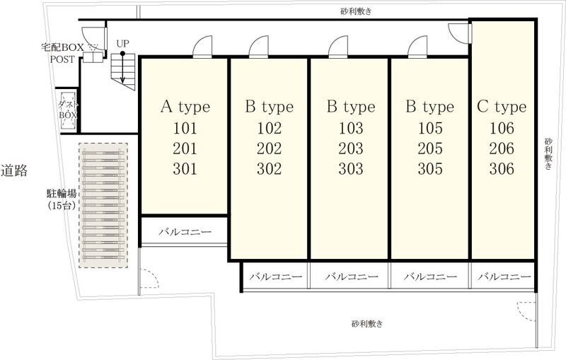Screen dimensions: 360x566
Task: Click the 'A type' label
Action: (185, 107)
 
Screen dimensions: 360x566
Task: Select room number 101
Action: (185, 129)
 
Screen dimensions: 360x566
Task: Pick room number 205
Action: (429, 149)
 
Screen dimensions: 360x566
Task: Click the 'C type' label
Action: (501, 107)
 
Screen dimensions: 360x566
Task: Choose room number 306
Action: (501, 169)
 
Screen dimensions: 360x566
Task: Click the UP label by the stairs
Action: (123, 44)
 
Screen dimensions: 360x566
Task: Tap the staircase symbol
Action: (123, 71)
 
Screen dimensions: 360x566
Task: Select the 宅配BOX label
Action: (62, 47)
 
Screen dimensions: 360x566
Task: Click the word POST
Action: (62, 59)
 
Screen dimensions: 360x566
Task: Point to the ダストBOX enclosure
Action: (69, 110)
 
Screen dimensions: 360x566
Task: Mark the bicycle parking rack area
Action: (104, 207)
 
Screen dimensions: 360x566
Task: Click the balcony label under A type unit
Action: (184, 231)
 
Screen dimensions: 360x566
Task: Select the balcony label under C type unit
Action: (503, 277)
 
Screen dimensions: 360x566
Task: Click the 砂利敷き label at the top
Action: (356, 11)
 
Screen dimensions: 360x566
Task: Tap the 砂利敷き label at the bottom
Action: (366, 324)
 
